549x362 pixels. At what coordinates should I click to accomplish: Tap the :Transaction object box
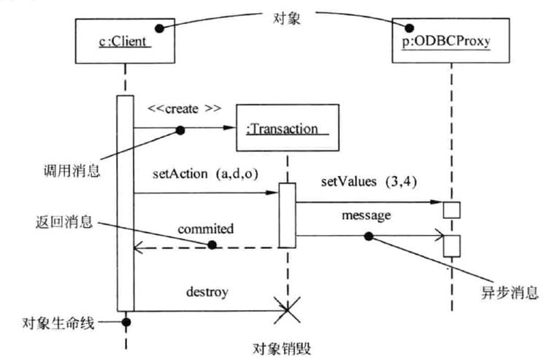coord(288,128)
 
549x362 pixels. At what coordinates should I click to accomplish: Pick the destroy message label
coord(207,292)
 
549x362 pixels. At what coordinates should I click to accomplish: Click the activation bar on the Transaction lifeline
coord(287,215)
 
